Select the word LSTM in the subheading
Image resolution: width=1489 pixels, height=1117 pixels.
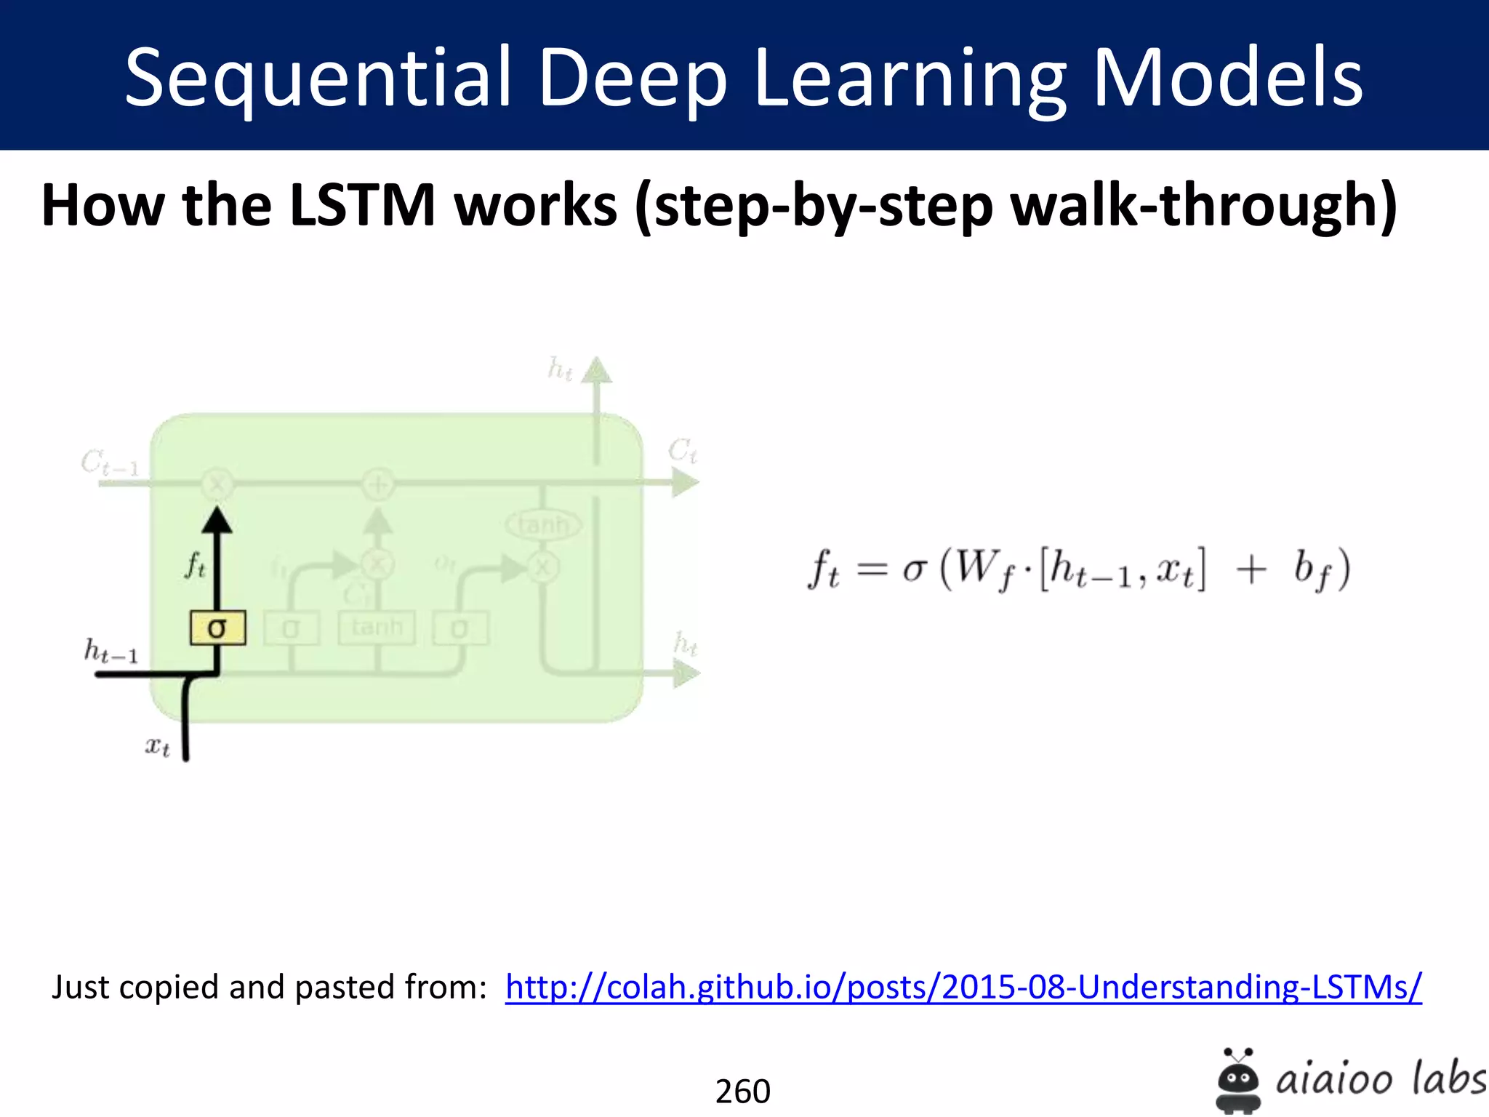362,205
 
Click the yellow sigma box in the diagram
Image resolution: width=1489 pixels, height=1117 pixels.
217,628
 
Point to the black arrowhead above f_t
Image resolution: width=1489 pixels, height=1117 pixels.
217,521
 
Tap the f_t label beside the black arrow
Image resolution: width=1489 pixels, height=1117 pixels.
195,564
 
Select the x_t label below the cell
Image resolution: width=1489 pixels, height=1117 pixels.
157,746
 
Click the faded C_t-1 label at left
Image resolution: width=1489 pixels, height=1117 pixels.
109,463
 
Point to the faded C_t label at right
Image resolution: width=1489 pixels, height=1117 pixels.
683,451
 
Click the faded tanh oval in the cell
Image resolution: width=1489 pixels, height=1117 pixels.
543,524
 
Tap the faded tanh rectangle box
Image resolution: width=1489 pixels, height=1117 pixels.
377,628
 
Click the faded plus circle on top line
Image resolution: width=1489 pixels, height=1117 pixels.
378,484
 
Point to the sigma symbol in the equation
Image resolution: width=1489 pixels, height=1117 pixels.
915,570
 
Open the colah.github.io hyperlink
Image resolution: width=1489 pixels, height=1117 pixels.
963,988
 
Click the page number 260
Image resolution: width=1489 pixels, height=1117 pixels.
742,1091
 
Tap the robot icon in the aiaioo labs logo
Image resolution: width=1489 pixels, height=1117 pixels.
1237,1081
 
